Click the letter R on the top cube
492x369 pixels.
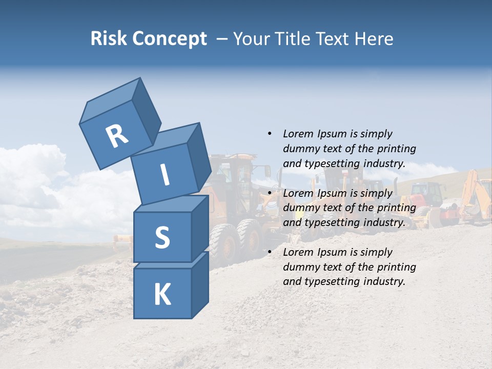click(117, 136)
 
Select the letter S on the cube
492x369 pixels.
click(162, 237)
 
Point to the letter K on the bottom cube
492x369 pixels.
click(162, 295)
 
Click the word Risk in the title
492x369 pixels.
click(108, 38)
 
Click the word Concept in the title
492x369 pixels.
click(169, 38)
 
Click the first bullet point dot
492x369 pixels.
click(270, 134)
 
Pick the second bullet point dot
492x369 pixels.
click(270, 193)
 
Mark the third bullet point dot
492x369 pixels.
click(270, 252)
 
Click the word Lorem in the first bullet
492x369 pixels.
click(298, 134)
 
